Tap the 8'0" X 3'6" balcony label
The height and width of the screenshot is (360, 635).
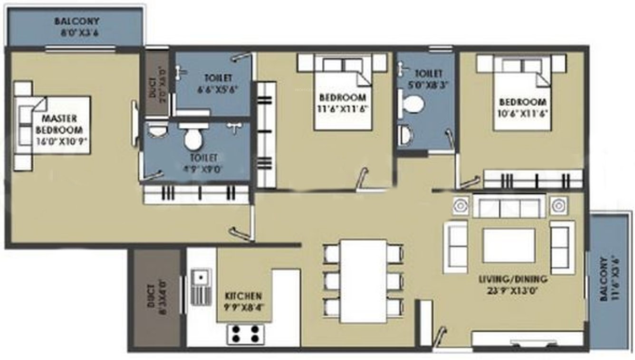pyautogui.click(x=77, y=28)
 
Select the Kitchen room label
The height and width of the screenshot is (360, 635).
pyautogui.click(x=243, y=300)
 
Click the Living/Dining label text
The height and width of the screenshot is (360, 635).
pyautogui.click(x=512, y=284)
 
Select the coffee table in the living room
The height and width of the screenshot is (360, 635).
pyautogui.click(x=509, y=246)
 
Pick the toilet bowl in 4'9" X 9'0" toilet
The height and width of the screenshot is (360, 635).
pyautogui.click(x=193, y=139)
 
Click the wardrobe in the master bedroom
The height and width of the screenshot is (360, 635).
pyautogui.click(x=196, y=194)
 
